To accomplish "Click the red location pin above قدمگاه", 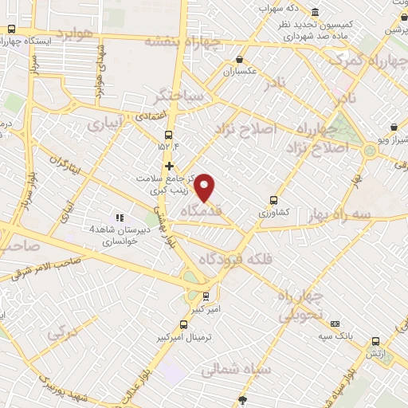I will click(x=206, y=187).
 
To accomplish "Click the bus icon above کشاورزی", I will click(x=274, y=201).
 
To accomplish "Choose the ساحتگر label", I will click(x=180, y=95).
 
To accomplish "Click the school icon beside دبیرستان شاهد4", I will click(x=120, y=218).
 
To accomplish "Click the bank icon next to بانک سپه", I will click(x=335, y=324).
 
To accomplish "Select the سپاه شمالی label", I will click(x=237, y=371).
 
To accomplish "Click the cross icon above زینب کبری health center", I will click(x=169, y=166).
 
